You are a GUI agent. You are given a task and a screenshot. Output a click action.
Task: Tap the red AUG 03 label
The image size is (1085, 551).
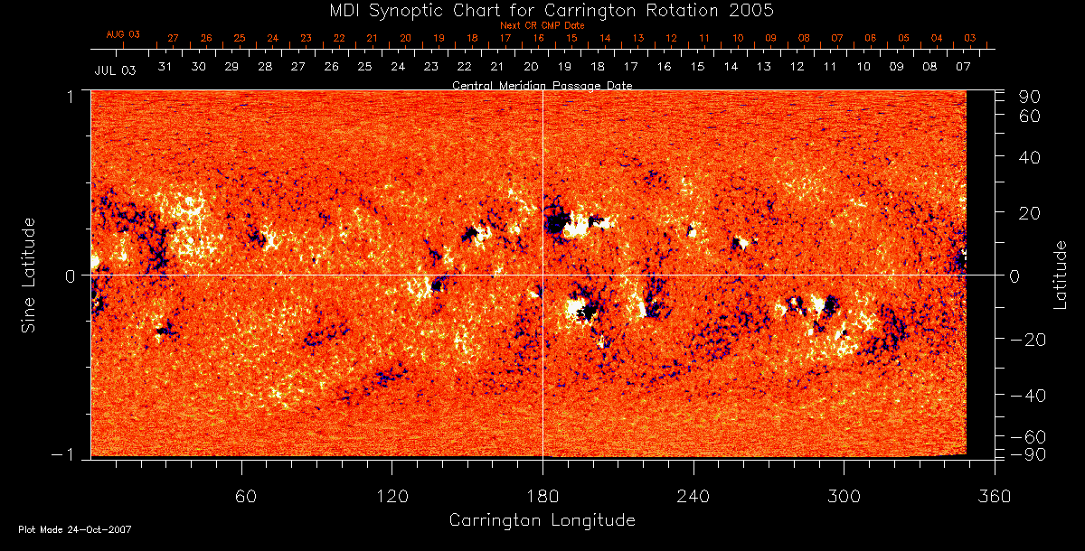(x=123, y=34)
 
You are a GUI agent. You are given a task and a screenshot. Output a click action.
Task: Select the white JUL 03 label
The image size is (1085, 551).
(x=115, y=70)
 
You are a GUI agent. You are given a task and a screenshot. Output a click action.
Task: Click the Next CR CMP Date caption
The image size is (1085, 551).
(x=542, y=25)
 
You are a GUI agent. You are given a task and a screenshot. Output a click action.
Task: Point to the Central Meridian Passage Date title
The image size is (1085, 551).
(x=542, y=85)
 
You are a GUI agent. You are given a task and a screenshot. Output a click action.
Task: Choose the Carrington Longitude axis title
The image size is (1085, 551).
(x=542, y=520)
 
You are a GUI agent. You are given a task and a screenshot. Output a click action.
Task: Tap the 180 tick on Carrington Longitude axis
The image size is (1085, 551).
(x=542, y=496)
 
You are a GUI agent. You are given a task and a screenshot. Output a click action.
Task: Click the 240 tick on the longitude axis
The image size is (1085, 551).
(x=693, y=496)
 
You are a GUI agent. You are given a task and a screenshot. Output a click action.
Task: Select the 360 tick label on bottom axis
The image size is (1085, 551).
(x=995, y=496)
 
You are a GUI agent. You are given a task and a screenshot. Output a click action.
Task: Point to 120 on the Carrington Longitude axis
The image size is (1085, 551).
(x=392, y=496)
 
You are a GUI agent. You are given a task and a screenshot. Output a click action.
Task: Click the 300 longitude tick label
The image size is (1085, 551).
(x=844, y=496)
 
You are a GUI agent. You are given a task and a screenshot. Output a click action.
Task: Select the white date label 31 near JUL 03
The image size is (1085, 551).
(x=165, y=67)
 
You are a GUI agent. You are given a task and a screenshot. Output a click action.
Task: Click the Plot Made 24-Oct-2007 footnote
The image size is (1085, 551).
(x=75, y=529)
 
